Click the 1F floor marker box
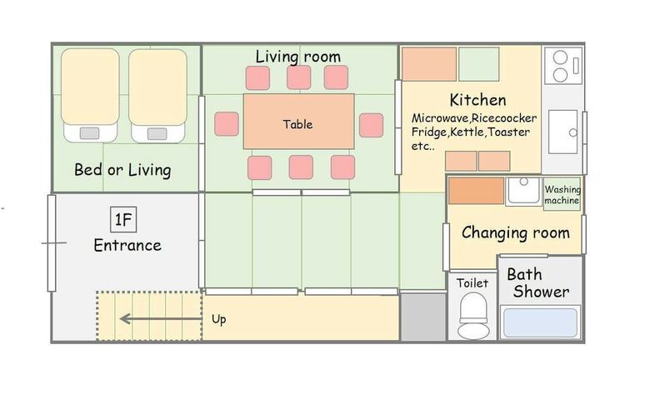point(123,219)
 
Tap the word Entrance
point(127,245)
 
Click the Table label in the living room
point(297,124)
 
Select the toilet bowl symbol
point(473,316)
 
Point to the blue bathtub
point(541,322)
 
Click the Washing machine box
point(562,194)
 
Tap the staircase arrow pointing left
point(161,318)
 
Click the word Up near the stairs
point(219,319)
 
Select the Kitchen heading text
point(477,100)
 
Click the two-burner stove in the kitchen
point(563,66)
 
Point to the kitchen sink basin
point(563,132)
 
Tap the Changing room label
point(515,232)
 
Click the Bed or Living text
point(122,170)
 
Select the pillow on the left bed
point(89,133)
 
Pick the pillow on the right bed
point(157,134)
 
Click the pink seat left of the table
point(227,124)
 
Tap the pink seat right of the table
point(371,125)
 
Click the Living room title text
point(298,57)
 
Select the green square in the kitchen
point(479,64)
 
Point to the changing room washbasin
point(523,190)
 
